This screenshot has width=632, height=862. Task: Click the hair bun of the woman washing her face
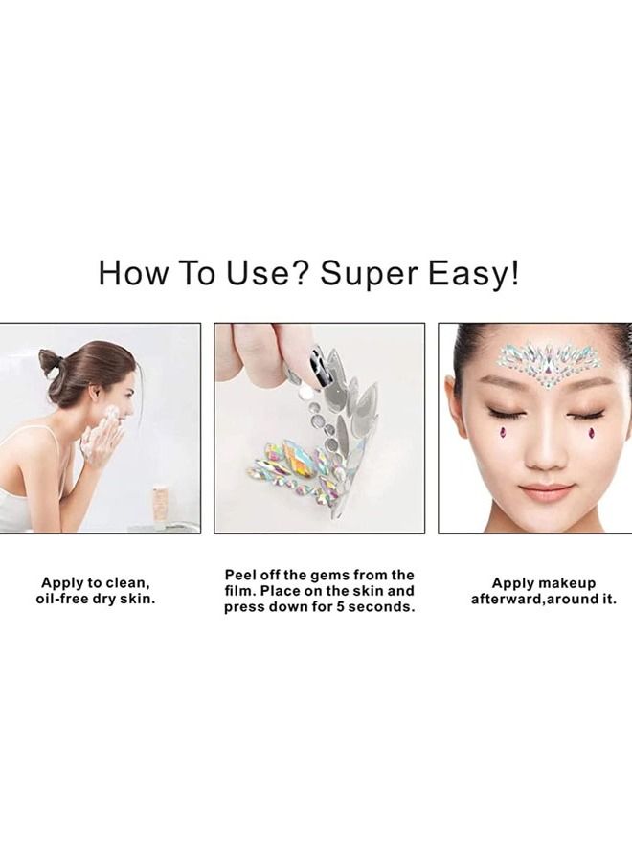tap(51, 363)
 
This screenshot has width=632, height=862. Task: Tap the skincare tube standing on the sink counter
tap(159, 506)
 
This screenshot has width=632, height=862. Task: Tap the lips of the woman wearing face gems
tap(548, 491)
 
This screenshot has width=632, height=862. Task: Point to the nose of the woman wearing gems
tap(548, 450)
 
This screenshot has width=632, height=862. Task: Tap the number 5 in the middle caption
tap(351, 607)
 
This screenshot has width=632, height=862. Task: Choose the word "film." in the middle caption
tap(241, 591)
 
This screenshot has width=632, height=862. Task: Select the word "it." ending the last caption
tap(606, 600)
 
